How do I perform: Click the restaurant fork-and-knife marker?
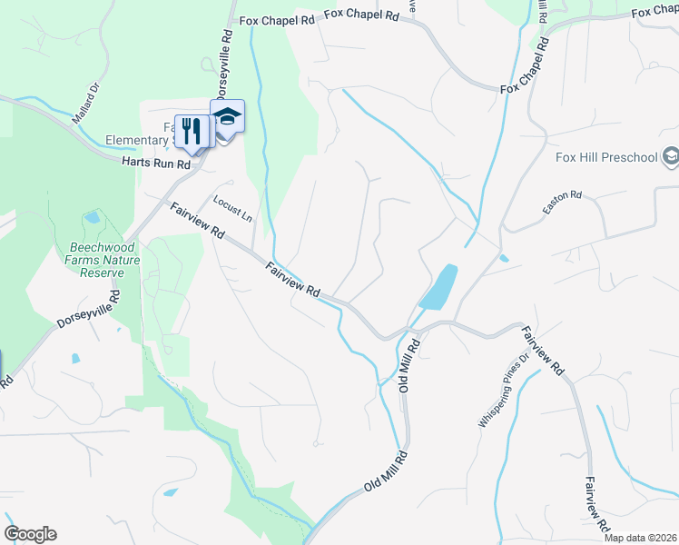tap(191, 130)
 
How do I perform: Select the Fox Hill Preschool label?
tap(605, 157)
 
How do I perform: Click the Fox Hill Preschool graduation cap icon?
tap(671, 156)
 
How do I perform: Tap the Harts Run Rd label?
tap(156, 163)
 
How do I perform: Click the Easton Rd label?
tap(562, 202)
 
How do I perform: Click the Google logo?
tap(30, 534)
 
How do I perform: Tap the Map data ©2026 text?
tap(640, 538)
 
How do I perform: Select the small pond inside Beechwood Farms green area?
tap(92, 218)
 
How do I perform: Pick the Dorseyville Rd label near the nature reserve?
tap(87, 312)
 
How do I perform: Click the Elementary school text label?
tap(136, 140)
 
